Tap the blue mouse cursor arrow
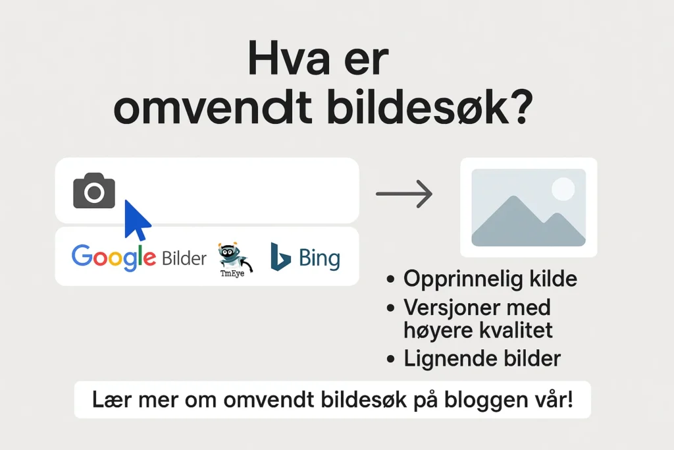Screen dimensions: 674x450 click(136, 220)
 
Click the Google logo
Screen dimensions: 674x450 click(113, 257)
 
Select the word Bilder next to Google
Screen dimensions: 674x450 click(184, 258)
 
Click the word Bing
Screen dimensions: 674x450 click(319, 258)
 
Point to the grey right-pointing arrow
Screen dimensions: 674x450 click(404, 194)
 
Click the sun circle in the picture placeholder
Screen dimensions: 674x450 click(563, 189)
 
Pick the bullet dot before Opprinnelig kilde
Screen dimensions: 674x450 click(390, 279)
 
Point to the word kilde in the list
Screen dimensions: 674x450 click(553, 279)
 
